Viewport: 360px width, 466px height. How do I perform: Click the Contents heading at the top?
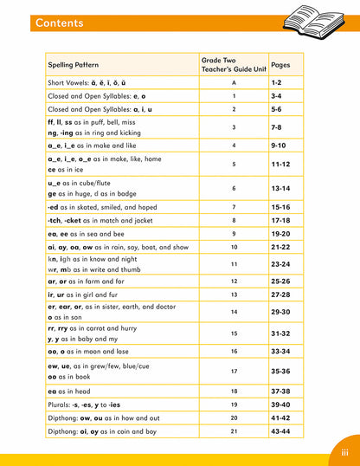(x=60, y=23)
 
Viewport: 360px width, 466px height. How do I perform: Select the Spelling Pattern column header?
(x=74, y=64)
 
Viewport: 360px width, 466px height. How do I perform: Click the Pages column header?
(x=280, y=64)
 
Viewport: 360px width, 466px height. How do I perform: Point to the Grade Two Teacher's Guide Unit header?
(x=234, y=64)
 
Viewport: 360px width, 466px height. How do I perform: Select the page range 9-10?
(x=280, y=146)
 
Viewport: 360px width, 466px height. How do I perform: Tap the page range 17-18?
(x=280, y=220)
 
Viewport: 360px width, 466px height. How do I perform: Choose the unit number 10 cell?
(x=234, y=247)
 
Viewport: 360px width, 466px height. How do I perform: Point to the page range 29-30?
(x=280, y=312)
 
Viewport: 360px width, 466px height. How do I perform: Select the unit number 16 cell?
(x=234, y=351)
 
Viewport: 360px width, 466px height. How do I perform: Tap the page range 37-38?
(x=280, y=391)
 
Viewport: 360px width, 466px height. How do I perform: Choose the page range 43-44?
(x=280, y=431)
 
